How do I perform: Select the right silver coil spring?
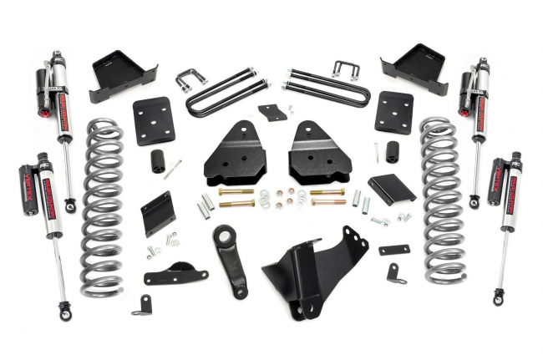tap(442, 200)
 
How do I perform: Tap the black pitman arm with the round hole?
tap(231, 259)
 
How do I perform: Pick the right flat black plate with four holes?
tap(393, 112)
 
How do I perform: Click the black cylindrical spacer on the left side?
tap(156, 162)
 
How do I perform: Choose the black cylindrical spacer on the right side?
tap(391, 152)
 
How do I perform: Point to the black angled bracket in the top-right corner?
tap(415, 66)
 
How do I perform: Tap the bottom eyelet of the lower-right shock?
tap(499, 296)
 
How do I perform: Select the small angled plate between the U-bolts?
tap(271, 112)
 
